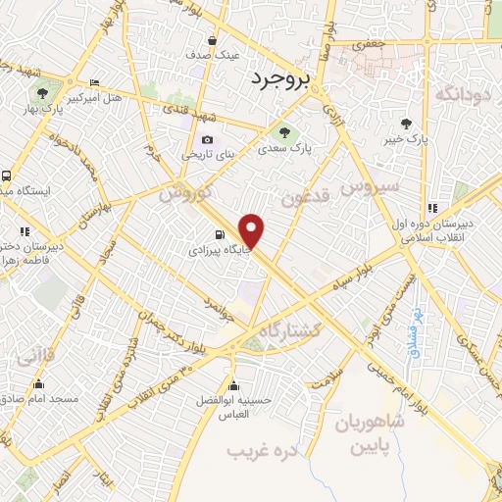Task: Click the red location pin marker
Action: (252, 231)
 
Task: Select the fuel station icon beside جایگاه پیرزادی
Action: (219, 234)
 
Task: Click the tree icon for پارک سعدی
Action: (284, 132)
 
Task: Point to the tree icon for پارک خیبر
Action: (406, 124)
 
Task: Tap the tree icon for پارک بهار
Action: (41, 92)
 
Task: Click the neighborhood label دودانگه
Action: (461, 94)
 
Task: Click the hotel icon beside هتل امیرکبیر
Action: (94, 82)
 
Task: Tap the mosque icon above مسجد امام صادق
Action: (39, 383)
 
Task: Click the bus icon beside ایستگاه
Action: (7, 176)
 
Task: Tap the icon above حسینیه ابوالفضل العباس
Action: (232, 381)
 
